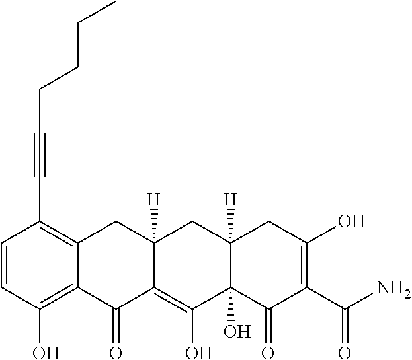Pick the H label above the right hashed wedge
tap(229, 199)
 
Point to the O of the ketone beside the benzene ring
tap(116, 349)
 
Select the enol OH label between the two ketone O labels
tap(193, 349)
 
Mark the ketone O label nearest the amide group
tap(268, 349)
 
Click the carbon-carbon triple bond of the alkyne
tap(39, 155)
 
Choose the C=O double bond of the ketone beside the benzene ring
tap(116, 324)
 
